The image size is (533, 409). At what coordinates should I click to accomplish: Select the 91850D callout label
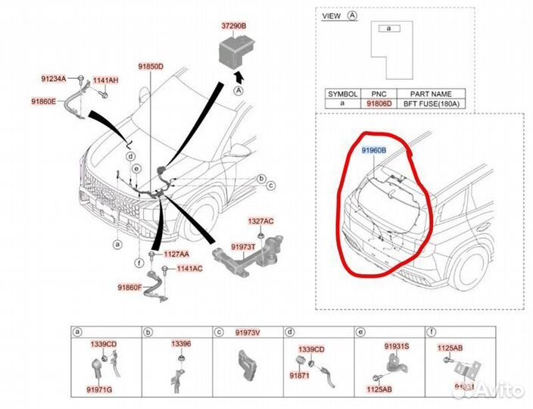click(x=150, y=67)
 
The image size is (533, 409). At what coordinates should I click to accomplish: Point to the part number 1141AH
click(x=105, y=80)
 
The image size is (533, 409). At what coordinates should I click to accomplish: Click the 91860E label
click(x=44, y=101)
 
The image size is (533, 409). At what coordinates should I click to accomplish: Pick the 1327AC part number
click(x=260, y=221)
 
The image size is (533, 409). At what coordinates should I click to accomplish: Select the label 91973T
click(x=243, y=247)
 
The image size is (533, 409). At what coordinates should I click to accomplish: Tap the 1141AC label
click(x=190, y=269)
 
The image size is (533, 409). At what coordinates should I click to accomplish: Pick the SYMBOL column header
click(x=341, y=93)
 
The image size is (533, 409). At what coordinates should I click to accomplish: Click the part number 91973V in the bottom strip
click(x=248, y=333)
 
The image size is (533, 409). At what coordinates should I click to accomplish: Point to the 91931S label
click(x=396, y=345)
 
